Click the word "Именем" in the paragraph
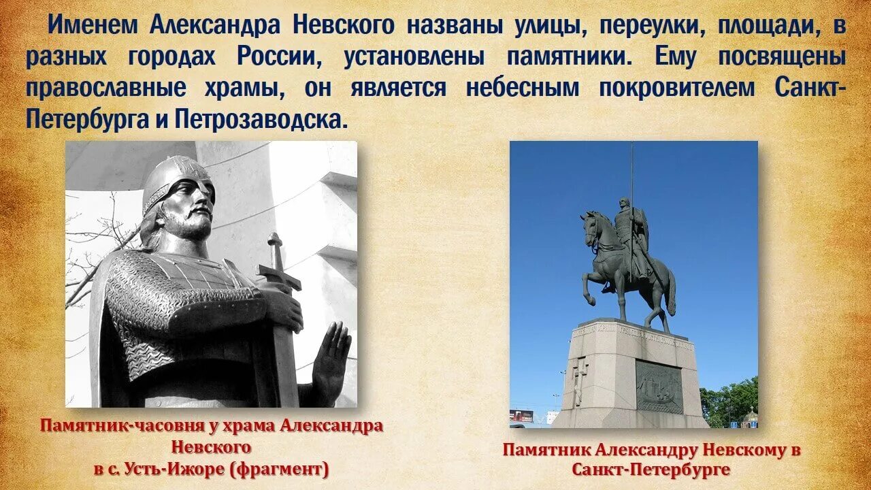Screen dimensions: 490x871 [x=93, y=25]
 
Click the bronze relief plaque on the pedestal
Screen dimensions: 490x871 [x=659, y=386]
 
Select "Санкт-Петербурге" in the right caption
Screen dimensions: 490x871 [x=651, y=470]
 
